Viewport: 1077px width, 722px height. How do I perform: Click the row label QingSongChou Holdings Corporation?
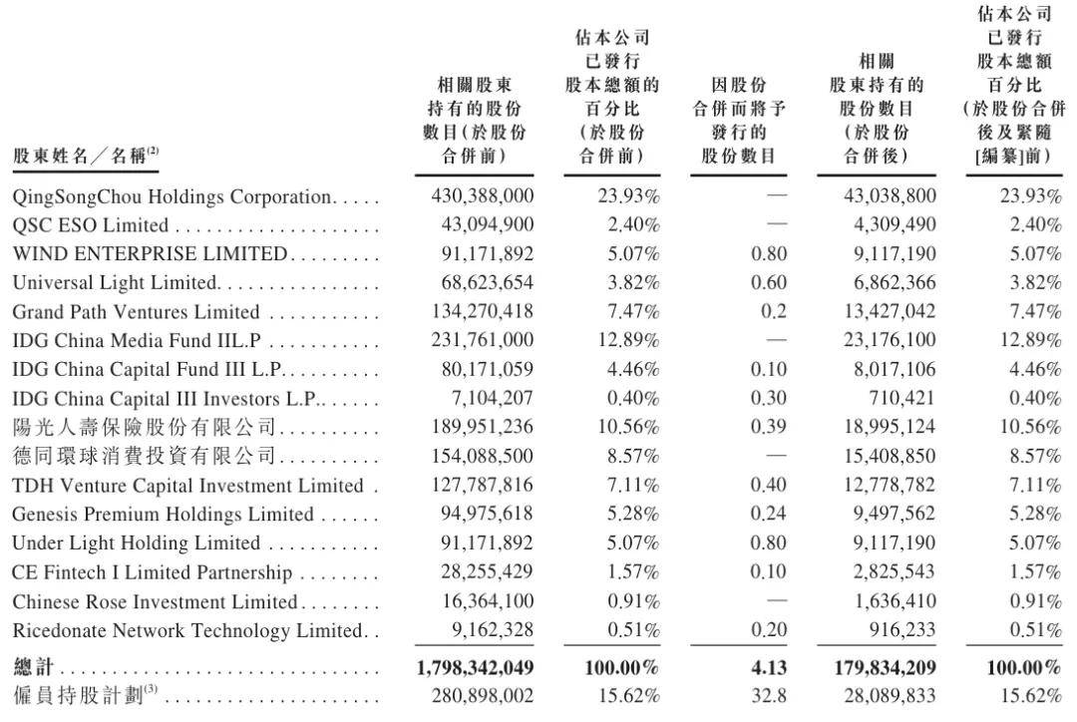coord(171,196)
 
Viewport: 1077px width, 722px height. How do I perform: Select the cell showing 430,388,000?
coord(483,196)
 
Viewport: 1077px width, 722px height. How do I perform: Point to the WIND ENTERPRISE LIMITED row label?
coord(150,254)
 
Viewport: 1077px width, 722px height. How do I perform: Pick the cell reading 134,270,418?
coord(483,312)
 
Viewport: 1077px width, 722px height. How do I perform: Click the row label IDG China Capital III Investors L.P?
coord(165,399)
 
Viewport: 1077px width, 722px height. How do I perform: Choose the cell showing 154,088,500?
coord(483,457)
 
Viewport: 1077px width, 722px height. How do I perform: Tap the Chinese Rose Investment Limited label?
coord(155,601)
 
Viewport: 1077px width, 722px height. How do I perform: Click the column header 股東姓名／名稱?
coord(86,156)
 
